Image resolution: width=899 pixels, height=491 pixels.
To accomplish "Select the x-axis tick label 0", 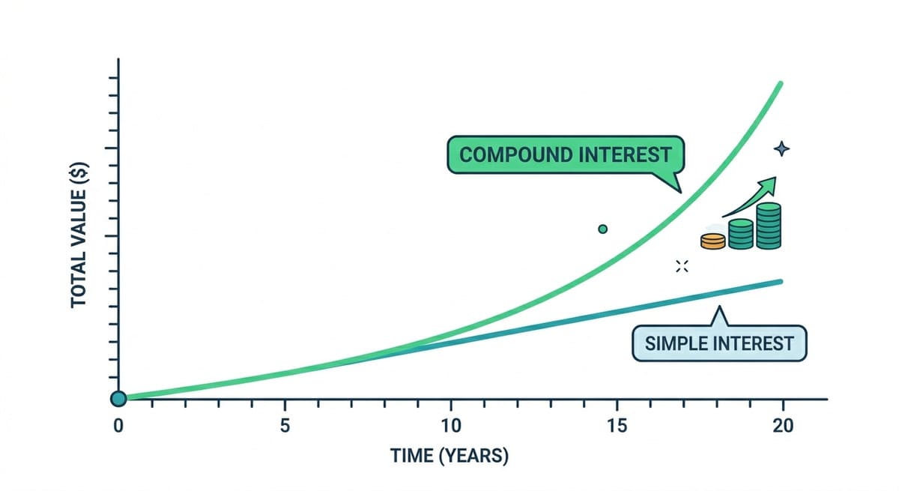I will pyautogui.click(x=118, y=424).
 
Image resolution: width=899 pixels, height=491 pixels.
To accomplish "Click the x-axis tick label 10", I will pyautogui.click(x=451, y=424).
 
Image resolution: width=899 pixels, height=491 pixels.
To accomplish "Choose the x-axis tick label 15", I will pyautogui.click(x=617, y=424).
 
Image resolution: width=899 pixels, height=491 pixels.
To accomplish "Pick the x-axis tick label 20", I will pyautogui.click(x=783, y=424).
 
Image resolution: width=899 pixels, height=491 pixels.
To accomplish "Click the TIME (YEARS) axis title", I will pyautogui.click(x=449, y=456).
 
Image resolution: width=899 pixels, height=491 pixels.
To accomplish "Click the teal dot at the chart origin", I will pyautogui.click(x=118, y=399).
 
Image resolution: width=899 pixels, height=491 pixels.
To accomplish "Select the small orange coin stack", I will pyautogui.click(x=713, y=241).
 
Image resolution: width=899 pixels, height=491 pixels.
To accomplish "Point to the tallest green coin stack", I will pyautogui.click(x=769, y=226).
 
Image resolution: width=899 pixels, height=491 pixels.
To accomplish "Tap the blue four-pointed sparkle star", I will pyautogui.click(x=781, y=149).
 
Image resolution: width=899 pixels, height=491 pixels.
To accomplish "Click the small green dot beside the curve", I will pyautogui.click(x=603, y=229).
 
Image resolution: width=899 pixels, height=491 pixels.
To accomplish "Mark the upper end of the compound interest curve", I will pyautogui.click(x=781, y=83).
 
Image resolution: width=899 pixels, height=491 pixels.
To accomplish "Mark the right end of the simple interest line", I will pyautogui.click(x=781, y=281).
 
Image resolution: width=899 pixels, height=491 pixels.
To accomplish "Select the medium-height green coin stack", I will pyautogui.click(x=741, y=234).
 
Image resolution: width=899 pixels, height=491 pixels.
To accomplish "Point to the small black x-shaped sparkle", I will pyautogui.click(x=682, y=265).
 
